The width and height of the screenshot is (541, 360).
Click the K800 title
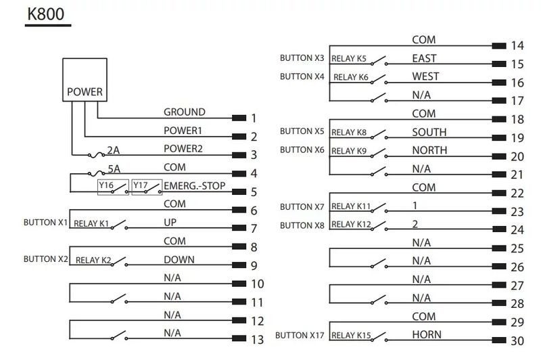point(45,14)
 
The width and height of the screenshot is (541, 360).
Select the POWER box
point(85,80)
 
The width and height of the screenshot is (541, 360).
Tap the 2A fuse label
point(113,150)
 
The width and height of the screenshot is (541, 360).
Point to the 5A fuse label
point(114,168)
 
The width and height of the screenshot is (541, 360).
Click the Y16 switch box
point(113,187)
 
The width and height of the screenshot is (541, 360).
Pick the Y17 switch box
point(147,187)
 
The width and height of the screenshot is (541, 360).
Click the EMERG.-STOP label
point(194,186)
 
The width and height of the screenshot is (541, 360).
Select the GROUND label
point(184,112)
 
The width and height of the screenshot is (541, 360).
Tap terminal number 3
point(254,155)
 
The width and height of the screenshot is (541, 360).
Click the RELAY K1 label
point(91,224)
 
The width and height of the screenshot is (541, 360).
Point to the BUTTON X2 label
point(46,259)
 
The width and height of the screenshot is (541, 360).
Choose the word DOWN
point(179,260)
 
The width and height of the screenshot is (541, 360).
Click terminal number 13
point(258,340)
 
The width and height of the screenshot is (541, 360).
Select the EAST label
point(425,58)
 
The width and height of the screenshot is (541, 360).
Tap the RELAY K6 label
point(351,77)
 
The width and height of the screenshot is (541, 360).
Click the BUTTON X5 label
point(302,131)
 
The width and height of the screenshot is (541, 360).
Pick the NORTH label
point(429,150)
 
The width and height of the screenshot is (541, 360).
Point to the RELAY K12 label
point(351,225)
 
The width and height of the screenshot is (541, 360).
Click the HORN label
point(427,334)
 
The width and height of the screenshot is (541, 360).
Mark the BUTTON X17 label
point(300,335)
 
